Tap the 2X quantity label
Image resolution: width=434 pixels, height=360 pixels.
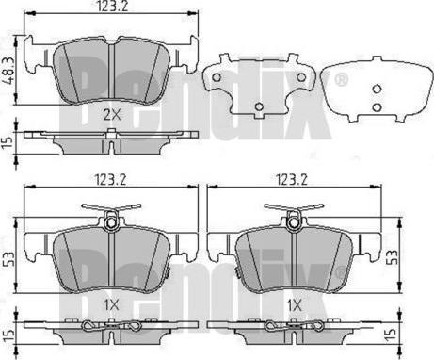point(112,116)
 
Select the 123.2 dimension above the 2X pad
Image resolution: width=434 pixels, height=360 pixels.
point(113,7)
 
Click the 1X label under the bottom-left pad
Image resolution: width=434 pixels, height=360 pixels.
point(112,304)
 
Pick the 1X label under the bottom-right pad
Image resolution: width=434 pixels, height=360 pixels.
point(295,304)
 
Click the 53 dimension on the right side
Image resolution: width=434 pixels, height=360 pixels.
point(392,256)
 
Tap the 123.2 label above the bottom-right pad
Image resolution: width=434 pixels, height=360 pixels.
point(292,180)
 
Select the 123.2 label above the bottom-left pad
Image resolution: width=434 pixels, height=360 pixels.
point(110,180)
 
